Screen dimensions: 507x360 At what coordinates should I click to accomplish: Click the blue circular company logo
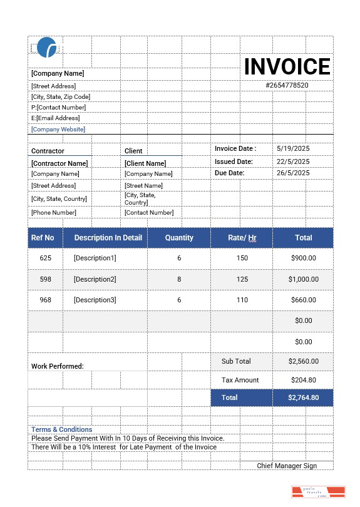[x=47, y=48]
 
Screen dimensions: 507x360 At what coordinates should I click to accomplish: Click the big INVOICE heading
[x=287, y=66]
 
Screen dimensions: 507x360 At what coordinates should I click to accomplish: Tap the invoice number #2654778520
[x=287, y=85]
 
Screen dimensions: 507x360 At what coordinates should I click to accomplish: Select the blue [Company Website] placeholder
[x=58, y=130]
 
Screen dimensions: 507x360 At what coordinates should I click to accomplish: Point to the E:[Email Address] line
[x=56, y=118]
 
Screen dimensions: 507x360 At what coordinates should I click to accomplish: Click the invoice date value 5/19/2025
[x=293, y=149]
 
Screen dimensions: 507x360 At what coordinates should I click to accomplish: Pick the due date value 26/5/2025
[x=293, y=173]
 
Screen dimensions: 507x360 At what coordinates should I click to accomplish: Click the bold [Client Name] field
[x=145, y=163]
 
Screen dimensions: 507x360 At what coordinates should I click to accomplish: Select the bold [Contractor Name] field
[x=59, y=163]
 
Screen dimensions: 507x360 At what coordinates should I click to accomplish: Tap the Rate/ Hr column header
[x=242, y=238]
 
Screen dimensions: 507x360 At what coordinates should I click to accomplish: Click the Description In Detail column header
[x=108, y=238]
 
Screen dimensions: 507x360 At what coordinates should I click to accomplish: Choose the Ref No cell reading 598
[x=46, y=279]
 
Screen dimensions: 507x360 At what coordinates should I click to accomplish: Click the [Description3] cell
[x=95, y=300]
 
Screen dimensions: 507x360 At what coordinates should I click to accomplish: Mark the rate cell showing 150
[x=242, y=258]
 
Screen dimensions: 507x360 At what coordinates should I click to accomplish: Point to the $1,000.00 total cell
[x=304, y=279]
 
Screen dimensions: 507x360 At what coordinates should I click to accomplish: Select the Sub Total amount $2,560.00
[x=304, y=361]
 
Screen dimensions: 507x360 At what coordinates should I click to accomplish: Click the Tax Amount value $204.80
[x=304, y=380]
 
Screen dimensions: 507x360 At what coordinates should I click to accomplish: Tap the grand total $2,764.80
[x=304, y=397]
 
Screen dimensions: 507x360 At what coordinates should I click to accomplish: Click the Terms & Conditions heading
[x=62, y=429]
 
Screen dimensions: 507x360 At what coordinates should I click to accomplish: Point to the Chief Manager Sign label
[x=287, y=466]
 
